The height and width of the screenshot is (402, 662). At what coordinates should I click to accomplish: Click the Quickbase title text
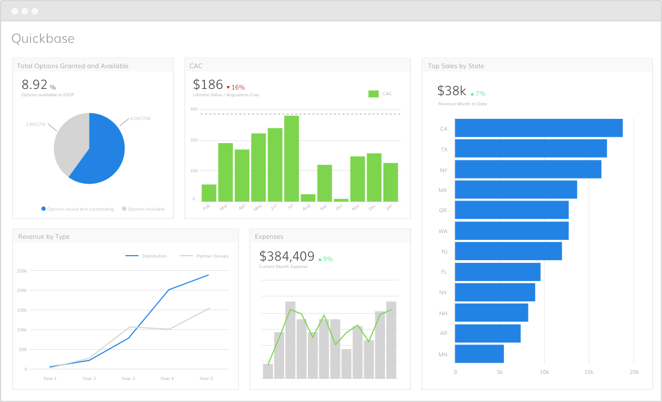43,38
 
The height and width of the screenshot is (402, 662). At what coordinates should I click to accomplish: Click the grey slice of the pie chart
69,144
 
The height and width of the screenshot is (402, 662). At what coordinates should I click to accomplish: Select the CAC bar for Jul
292,158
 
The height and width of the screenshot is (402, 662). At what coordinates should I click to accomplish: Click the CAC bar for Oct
341,199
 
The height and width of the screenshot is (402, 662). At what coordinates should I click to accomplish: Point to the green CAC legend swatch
373,93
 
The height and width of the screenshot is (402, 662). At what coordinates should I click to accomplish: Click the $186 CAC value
208,84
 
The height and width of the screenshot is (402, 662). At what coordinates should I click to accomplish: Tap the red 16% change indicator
236,87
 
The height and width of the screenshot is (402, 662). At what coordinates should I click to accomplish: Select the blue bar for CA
538,128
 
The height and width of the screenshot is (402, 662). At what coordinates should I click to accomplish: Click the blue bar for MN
479,354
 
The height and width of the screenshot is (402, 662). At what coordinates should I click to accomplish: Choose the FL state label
444,272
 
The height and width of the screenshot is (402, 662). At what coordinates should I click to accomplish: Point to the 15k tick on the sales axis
589,372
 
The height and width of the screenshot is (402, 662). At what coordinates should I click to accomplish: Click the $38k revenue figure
451,91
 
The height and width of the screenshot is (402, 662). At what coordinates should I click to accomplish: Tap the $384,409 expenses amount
287,257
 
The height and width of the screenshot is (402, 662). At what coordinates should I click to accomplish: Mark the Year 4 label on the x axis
167,378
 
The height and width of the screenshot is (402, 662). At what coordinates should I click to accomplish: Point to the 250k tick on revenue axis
22,271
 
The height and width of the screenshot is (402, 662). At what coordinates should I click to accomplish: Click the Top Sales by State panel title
456,66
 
